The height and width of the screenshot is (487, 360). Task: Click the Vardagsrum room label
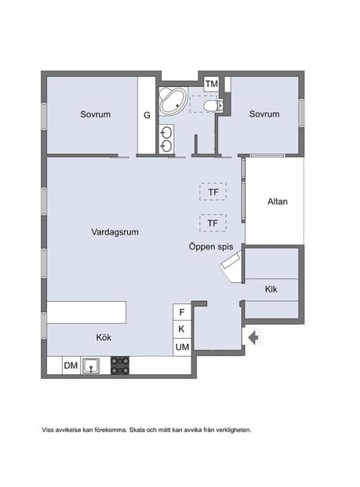tap(115, 232)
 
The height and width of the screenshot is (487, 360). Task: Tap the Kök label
tap(104, 337)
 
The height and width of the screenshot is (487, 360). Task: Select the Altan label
tap(278, 202)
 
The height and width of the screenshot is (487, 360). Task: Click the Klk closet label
tap(271, 289)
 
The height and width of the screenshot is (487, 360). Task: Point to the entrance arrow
tap(254, 337)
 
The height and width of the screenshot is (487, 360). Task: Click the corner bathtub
tap(173, 100)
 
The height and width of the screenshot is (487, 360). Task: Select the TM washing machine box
tap(212, 84)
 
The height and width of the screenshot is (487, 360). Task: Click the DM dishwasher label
tap(71, 365)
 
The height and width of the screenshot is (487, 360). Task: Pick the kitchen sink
tap(90, 365)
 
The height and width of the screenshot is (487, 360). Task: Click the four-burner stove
tap(120, 365)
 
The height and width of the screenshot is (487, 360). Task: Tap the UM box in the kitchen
tap(182, 347)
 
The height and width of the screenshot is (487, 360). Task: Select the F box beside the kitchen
tap(182, 312)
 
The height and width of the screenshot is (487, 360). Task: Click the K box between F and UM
tap(182, 329)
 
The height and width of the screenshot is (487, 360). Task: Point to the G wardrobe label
tap(147, 115)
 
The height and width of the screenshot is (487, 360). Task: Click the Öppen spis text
tap(211, 246)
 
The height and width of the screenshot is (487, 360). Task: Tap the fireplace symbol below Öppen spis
tap(231, 267)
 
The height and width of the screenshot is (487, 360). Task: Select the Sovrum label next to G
tap(96, 114)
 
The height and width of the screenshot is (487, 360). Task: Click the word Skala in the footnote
tap(136, 431)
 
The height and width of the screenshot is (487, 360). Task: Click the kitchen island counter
tap(86, 312)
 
